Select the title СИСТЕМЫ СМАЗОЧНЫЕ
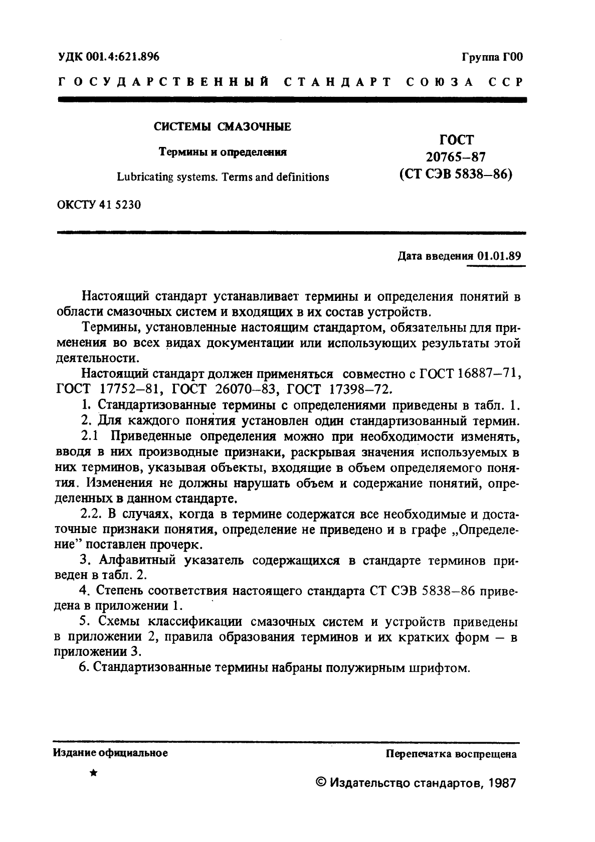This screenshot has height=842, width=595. (222, 127)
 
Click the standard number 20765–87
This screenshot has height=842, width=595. (455, 157)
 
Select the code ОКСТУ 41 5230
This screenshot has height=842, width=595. (99, 205)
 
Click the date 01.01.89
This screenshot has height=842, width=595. (499, 255)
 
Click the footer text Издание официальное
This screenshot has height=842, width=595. (110, 753)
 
